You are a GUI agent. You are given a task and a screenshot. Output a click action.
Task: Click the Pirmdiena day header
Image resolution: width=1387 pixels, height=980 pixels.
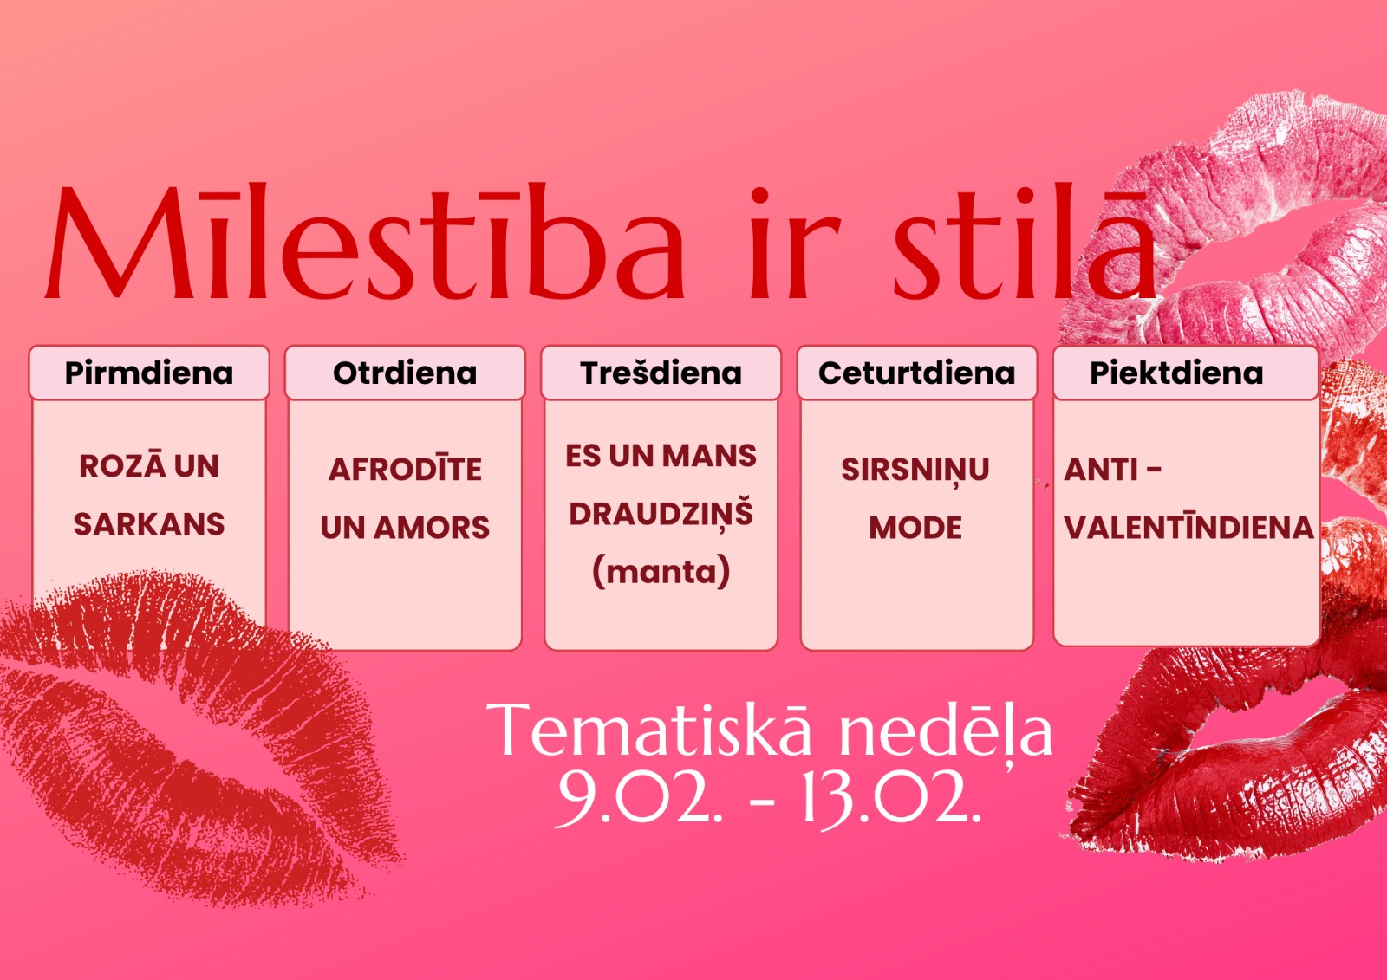[x=149, y=373]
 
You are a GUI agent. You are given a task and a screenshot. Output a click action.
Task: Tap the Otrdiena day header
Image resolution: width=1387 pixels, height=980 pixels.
[x=405, y=373]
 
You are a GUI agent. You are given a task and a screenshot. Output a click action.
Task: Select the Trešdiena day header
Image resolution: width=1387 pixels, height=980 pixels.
[x=661, y=373]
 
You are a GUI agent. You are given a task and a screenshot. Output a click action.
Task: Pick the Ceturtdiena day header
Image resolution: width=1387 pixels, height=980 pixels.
[x=916, y=373]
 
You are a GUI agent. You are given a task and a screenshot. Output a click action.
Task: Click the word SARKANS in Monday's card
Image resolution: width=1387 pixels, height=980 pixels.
[x=149, y=524]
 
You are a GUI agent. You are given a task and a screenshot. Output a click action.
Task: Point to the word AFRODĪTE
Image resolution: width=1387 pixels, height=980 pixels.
[x=405, y=468]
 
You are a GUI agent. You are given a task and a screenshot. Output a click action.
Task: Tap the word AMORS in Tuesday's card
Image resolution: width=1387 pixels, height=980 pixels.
[x=431, y=528]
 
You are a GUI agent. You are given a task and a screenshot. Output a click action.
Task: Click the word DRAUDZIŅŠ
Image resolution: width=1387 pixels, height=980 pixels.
[x=661, y=513]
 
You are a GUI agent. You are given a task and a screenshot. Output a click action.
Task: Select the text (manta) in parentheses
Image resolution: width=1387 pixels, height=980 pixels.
[x=661, y=571]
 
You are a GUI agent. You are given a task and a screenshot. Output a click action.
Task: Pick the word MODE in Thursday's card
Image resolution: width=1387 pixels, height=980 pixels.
[x=915, y=528]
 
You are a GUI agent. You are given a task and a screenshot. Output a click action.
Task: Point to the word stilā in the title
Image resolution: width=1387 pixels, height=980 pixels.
[x=1024, y=242]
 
